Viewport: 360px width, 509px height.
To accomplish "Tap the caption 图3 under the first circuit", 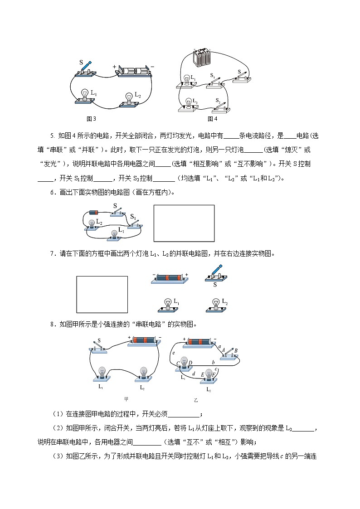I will tap(91, 119).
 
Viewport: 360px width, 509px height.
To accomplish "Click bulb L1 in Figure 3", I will tap(85, 96).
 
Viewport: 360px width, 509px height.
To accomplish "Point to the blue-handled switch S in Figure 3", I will tap(86, 68).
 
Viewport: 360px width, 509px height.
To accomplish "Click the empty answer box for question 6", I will tap(184, 223).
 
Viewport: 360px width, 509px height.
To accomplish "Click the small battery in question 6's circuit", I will tap(94, 212).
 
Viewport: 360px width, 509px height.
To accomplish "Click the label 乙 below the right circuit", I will tap(196, 400).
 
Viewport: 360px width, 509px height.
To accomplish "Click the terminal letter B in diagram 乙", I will tap(236, 350).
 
